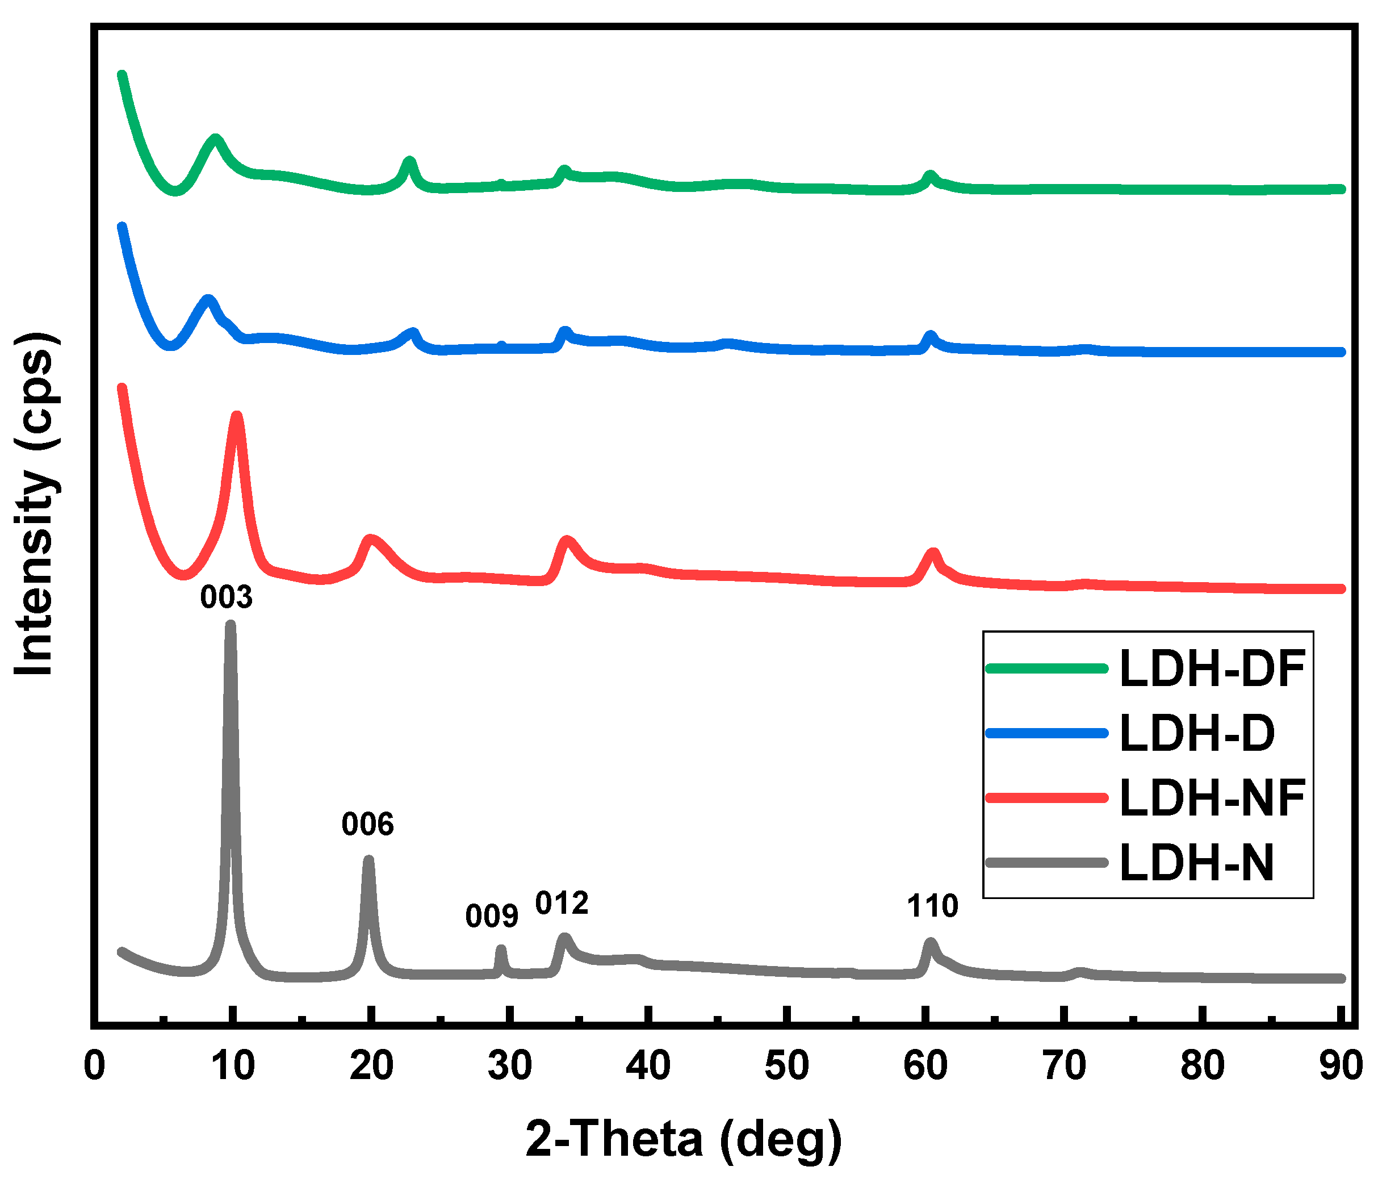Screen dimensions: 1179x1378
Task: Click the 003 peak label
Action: point(226,597)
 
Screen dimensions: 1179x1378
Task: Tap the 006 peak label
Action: point(367,825)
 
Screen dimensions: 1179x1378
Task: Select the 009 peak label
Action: point(492,916)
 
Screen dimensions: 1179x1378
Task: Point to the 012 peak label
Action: point(562,903)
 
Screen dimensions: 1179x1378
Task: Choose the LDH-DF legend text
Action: point(1212,668)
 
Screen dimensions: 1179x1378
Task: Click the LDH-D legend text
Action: point(1197,733)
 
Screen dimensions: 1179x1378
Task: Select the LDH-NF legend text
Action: point(1212,797)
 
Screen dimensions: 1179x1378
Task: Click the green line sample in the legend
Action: point(1047,668)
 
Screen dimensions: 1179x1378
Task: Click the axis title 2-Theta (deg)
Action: point(684,1139)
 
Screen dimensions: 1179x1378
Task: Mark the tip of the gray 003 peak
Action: point(230,624)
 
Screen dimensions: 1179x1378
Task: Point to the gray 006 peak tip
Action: point(368,860)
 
